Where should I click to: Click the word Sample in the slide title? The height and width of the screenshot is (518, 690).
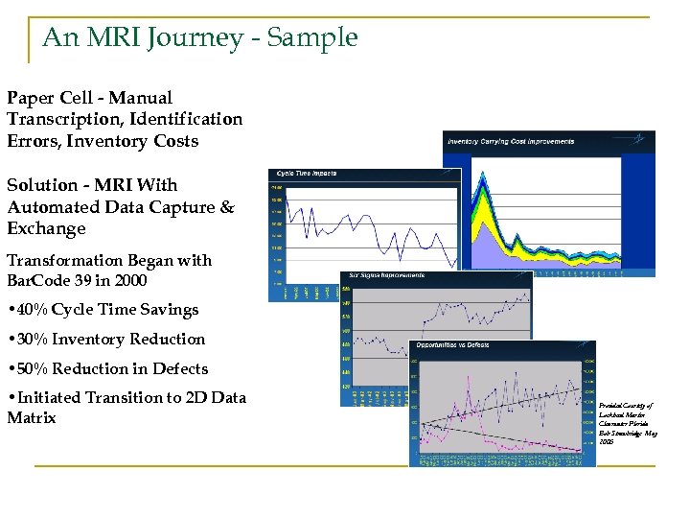coord(312,38)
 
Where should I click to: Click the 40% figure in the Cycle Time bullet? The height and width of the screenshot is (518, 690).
coord(32,310)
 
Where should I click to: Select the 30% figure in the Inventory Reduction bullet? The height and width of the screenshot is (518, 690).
coord(32,340)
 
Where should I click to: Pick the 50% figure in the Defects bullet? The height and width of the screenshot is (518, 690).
coord(32,369)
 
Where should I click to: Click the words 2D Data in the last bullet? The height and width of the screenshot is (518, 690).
coord(217,398)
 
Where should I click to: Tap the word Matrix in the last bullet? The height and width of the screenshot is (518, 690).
coord(32,418)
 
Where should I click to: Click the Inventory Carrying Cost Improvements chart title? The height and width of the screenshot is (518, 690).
coord(511,142)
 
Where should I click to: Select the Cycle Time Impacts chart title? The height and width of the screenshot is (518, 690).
coord(307,174)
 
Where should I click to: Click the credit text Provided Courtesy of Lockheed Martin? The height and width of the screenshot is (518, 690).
coord(628,412)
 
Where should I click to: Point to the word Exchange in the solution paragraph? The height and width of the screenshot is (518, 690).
coord(46,229)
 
